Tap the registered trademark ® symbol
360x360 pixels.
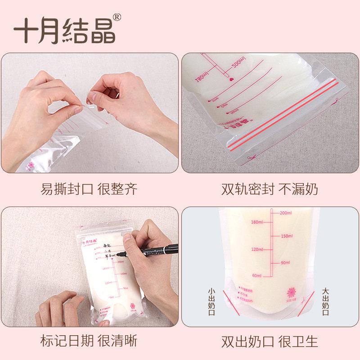[117, 18]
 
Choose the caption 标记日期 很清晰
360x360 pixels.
[89, 341]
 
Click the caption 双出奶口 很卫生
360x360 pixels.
[270, 341]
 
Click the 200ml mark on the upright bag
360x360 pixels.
[286, 213]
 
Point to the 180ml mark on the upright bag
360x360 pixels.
[257, 222]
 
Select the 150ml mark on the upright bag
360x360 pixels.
[286, 236]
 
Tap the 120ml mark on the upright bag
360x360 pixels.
[257, 249]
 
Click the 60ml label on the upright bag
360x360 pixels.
[257, 275]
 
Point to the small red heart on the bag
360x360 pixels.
[232, 79]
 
